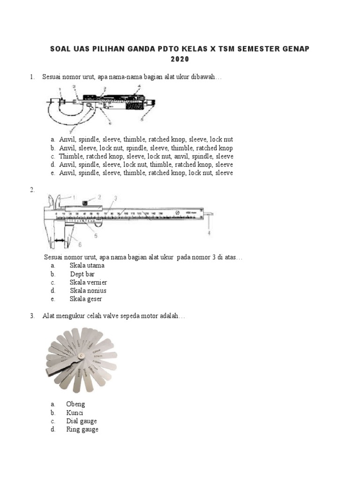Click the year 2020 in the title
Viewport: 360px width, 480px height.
coord(180,60)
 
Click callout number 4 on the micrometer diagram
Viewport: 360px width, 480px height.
coord(139,87)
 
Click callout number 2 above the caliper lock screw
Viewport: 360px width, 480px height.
coord(99,197)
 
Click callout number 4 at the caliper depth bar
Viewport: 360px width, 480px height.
coord(209,233)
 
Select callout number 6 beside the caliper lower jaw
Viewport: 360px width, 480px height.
coord(80,244)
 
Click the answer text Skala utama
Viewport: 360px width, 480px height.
coord(87,265)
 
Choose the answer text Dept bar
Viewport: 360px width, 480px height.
coord(83,274)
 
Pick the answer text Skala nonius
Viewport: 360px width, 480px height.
coord(88,291)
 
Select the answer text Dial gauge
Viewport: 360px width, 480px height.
coord(82,421)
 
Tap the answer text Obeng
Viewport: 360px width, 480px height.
coord(75,404)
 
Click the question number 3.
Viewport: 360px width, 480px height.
coord(32,316)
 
